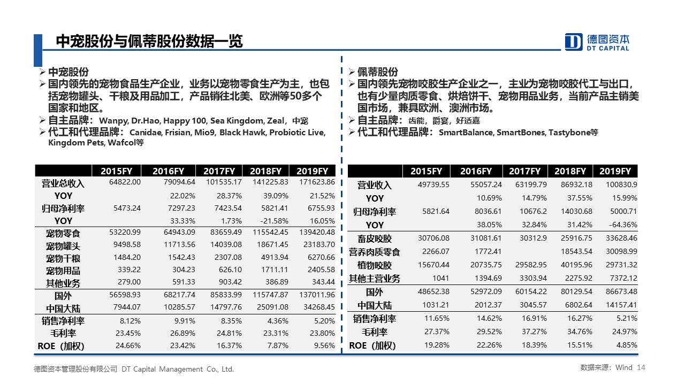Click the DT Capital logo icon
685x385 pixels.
pyautogui.click(x=573, y=42)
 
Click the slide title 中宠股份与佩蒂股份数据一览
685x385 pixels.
pyautogui.click(x=149, y=41)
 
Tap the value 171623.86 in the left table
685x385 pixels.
pyautogui.click(x=317, y=182)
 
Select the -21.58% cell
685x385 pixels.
pyautogui.click(x=275, y=221)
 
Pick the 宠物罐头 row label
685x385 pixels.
pyautogui.click(x=63, y=246)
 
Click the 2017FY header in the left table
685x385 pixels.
pyautogui.click(x=219, y=171)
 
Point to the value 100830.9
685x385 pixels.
pyautogui.click(x=621, y=184)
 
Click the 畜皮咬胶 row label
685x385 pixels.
pyautogui.click(x=374, y=238)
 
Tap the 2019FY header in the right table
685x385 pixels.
pyautogui.click(x=615, y=171)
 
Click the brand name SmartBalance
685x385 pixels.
pyautogui.click(x=466, y=133)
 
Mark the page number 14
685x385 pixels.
pyautogui.click(x=641, y=367)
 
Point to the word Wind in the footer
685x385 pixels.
pyautogui.click(x=624, y=367)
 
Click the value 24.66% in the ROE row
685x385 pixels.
pyautogui.click(x=128, y=345)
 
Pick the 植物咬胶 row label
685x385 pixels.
pyautogui.click(x=374, y=265)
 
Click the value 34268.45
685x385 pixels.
pyautogui.click(x=319, y=307)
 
